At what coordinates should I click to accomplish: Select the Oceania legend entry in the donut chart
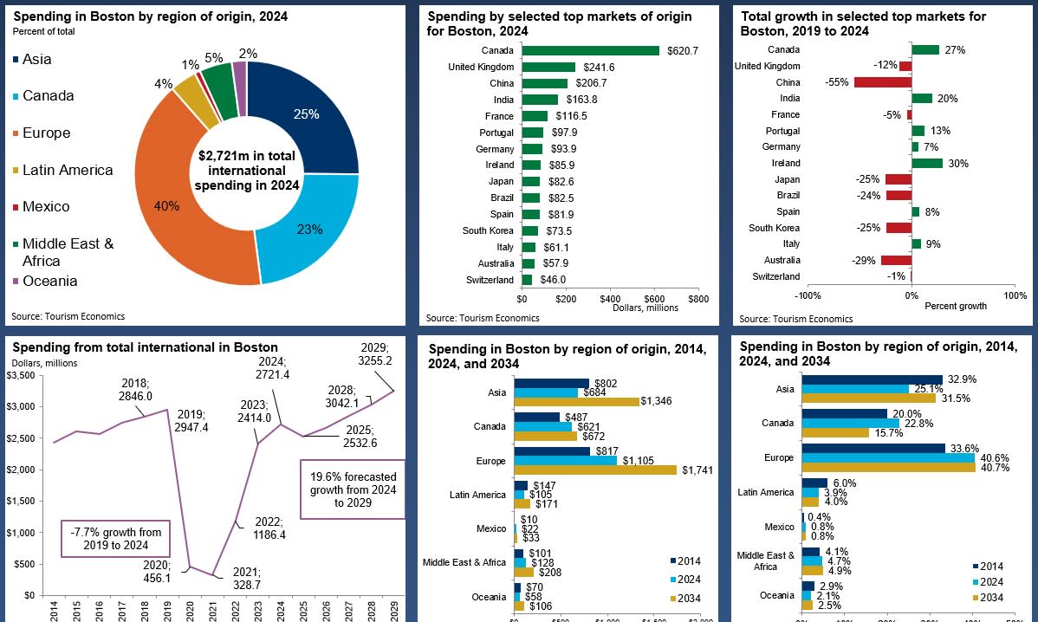tap(49, 281)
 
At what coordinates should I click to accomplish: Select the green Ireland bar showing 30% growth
tap(926, 163)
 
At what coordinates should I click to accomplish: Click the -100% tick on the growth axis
tap(808, 295)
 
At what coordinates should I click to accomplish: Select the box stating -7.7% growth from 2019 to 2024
tap(116, 538)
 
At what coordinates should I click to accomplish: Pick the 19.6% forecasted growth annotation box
tap(353, 489)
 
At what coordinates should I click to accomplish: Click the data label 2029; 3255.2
tap(375, 353)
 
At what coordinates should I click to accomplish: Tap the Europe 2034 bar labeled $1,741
tap(595, 470)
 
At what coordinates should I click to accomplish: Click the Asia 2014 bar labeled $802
tap(551, 383)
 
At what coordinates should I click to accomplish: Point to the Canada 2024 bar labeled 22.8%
tap(850, 423)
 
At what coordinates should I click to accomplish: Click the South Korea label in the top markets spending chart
tap(488, 230)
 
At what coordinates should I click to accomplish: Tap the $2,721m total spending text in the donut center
tap(247, 171)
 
